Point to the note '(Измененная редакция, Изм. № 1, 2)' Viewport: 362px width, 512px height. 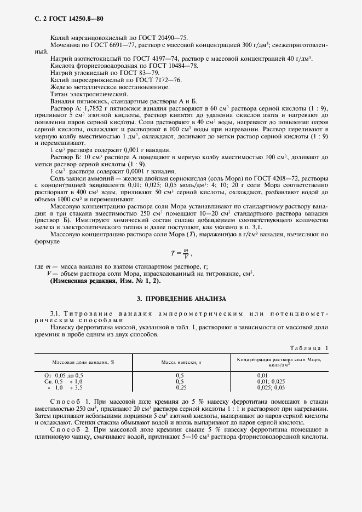[106, 280]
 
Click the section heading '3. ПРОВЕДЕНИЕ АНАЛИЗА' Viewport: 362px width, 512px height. [181, 299]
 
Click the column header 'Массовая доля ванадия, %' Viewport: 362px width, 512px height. [83, 362]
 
